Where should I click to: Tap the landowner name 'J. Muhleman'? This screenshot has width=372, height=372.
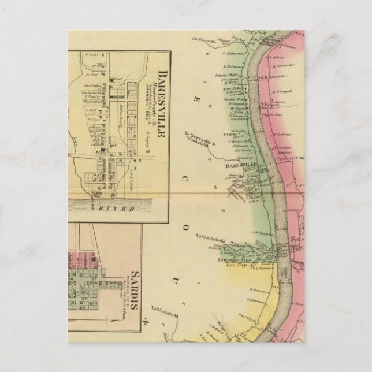219,52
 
